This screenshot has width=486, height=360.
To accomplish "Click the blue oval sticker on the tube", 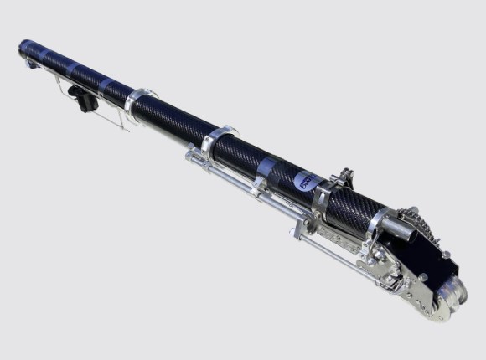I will click(302, 177).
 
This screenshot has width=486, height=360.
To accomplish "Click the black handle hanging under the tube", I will click(85, 100).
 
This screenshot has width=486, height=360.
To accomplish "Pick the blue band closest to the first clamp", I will click(110, 83).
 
